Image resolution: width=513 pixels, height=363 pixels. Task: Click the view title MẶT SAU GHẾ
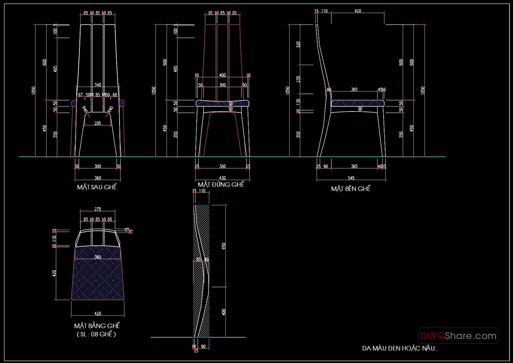pyautogui.click(x=97, y=187)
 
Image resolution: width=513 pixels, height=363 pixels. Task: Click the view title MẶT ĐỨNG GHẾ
pyautogui.click(x=221, y=184)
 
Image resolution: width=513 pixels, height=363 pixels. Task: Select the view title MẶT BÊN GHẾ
pyautogui.click(x=351, y=189)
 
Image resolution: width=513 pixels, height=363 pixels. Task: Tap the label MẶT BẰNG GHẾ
pyautogui.click(x=97, y=326)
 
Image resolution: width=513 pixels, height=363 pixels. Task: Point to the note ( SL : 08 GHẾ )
pyautogui.click(x=97, y=334)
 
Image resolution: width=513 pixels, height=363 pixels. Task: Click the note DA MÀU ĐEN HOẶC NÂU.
pyautogui.click(x=399, y=348)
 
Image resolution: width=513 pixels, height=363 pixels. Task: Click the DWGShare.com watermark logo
pyautogui.click(x=458, y=336)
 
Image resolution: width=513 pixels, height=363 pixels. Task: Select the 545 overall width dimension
pyautogui.click(x=351, y=178)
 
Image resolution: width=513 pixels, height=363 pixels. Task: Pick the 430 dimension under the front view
pyautogui.click(x=222, y=178)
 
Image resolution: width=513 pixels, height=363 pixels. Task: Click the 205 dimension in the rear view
pyautogui.click(x=98, y=123)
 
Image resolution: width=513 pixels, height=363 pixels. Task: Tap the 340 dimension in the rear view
pyautogui.click(x=98, y=85)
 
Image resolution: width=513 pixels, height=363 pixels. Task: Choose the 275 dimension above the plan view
pyautogui.click(x=98, y=209)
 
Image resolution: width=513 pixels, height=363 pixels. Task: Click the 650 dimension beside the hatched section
pyautogui.click(x=224, y=246)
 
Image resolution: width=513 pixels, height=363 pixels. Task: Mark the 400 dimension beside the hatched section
pyautogui.click(x=224, y=312)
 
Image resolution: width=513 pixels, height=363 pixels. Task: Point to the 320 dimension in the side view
pyautogui.click(x=298, y=44)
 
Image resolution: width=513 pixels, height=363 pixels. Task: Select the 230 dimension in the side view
pyautogui.click(x=298, y=79)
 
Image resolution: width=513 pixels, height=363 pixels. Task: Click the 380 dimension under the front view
pyautogui.click(x=222, y=166)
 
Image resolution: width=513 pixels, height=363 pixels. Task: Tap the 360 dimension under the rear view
pyautogui.click(x=98, y=178)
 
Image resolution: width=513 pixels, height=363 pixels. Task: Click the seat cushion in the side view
pyautogui.click(x=357, y=103)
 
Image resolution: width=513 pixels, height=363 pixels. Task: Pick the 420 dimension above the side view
pyautogui.click(x=358, y=11)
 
